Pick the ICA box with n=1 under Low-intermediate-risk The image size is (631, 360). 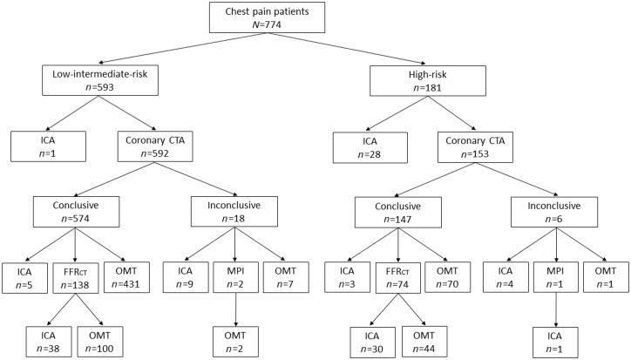click(49, 145)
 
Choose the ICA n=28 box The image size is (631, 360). click(371, 145)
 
